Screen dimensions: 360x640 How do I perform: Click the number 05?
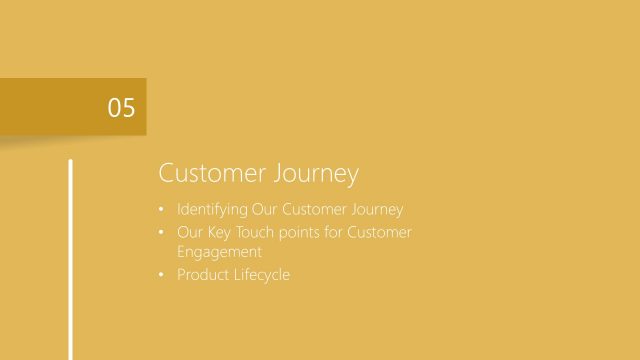(x=121, y=107)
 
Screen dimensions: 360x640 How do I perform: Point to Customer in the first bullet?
(x=314, y=210)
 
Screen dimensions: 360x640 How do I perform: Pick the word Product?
(x=202, y=274)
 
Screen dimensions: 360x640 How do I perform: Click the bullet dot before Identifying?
(x=163, y=211)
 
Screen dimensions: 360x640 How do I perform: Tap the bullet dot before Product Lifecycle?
(x=163, y=275)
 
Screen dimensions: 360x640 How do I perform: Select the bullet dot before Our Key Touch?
(x=163, y=232)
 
